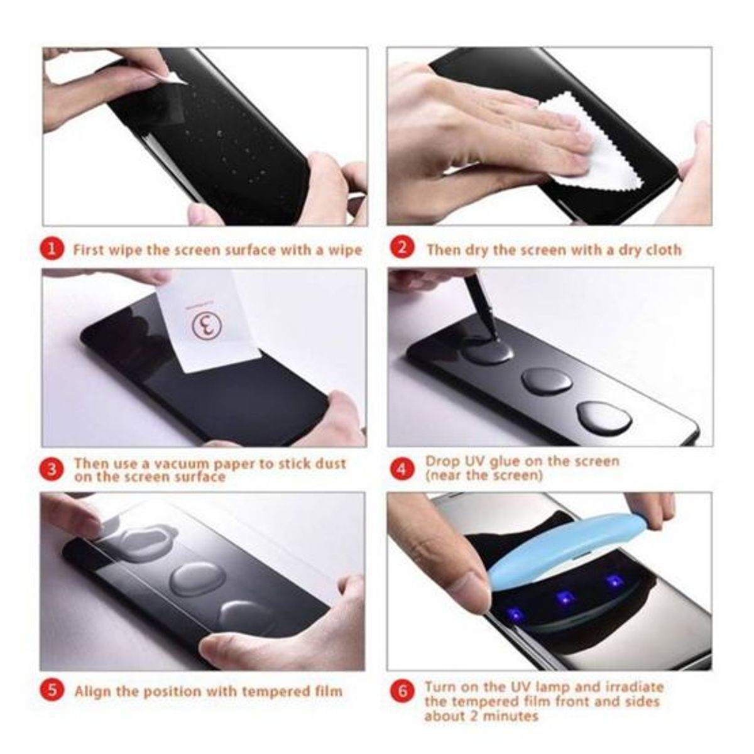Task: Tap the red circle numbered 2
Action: pyautogui.click(x=402, y=249)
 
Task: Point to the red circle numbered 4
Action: pyautogui.click(x=402, y=469)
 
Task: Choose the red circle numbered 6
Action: pyautogui.click(x=402, y=691)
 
